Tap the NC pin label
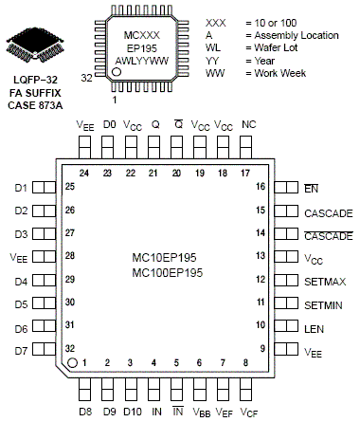tap(248, 124)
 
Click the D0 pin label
tap(108, 124)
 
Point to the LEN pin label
tap(314, 327)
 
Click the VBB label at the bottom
tap(201, 412)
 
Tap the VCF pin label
tap(248, 412)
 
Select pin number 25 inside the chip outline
tap(69, 187)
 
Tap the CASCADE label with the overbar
tap(329, 234)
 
